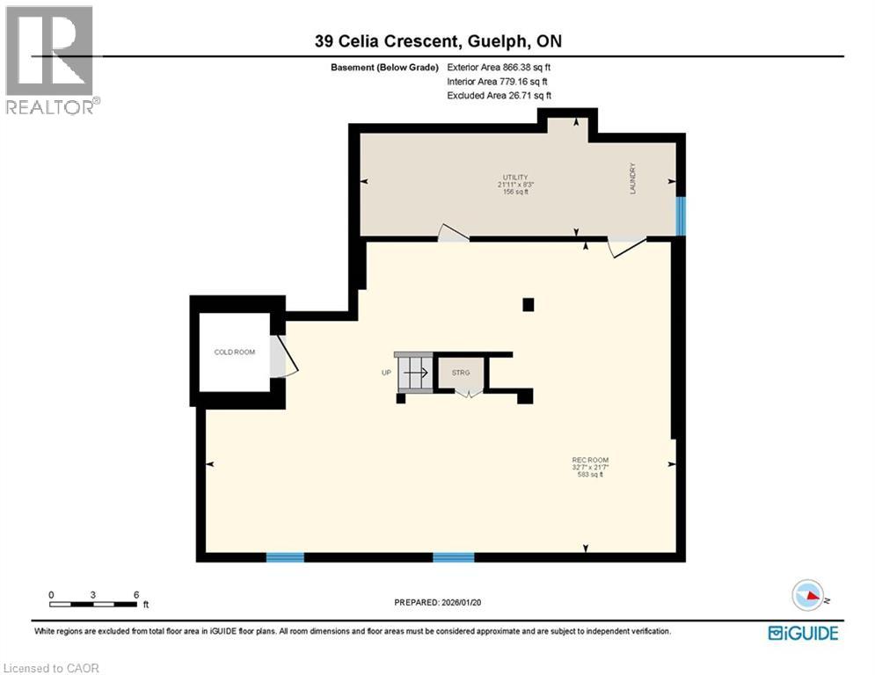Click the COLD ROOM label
(235, 352)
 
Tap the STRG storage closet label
(461, 373)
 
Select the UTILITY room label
(516, 178)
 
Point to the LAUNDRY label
(632, 178)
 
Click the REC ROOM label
(590, 461)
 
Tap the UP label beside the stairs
(385, 373)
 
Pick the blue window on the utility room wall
(681, 216)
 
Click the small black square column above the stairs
(528, 305)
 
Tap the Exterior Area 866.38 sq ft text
(499, 67)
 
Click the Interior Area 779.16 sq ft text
(499, 81)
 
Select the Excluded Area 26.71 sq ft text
(499, 95)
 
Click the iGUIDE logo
(802, 633)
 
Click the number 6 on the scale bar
(135, 594)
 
